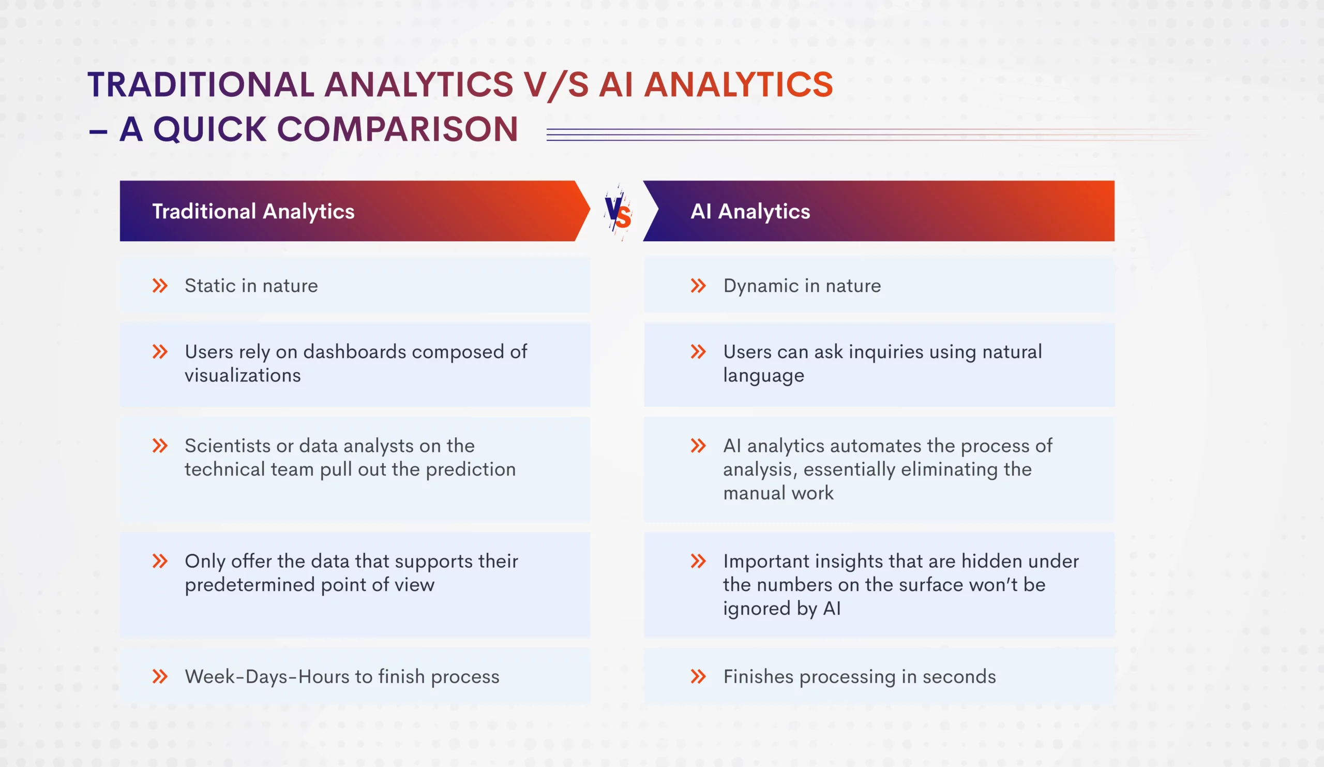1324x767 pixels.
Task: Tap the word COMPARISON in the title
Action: [397, 129]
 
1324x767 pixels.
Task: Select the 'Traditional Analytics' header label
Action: [253, 211]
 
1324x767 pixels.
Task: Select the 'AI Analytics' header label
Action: [750, 211]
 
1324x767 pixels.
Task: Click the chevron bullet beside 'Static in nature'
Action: [160, 286]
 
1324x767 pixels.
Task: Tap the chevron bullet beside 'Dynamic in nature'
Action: [698, 286]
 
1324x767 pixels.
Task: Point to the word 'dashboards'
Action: [355, 352]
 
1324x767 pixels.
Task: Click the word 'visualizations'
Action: [243, 375]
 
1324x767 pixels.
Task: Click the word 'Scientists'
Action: [228, 446]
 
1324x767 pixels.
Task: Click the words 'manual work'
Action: [778, 493]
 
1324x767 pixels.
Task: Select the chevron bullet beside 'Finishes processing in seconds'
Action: [698, 676]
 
